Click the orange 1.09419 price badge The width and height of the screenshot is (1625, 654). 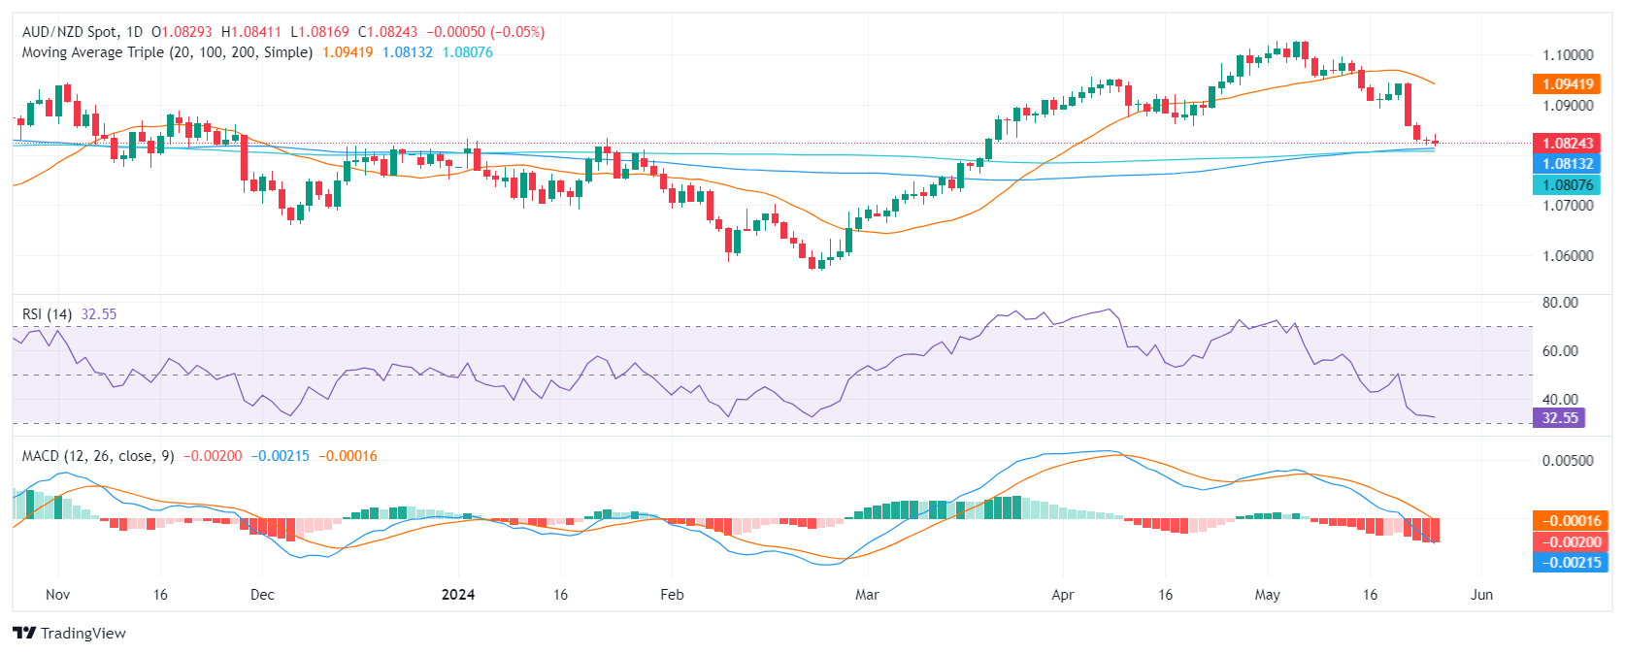(x=1568, y=84)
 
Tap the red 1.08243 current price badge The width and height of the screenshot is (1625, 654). (x=1568, y=144)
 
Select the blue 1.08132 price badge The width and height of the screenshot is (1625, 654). (x=1568, y=164)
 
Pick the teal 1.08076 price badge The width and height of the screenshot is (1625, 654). (x=1568, y=184)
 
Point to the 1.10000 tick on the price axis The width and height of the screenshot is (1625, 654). (x=1568, y=55)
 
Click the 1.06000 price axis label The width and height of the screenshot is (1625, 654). (x=1568, y=256)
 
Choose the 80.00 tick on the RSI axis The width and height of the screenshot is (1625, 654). (x=1560, y=303)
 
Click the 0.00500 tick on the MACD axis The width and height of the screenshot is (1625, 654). (x=1568, y=461)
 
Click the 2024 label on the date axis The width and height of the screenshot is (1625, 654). (x=458, y=595)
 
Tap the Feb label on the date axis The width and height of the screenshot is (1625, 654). (x=672, y=595)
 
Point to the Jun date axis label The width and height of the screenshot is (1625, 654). (x=1481, y=595)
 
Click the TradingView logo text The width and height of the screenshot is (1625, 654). (x=83, y=634)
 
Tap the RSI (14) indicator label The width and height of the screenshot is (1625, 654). (x=48, y=314)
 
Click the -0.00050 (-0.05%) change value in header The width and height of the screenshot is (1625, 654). (x=485, y=32)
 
